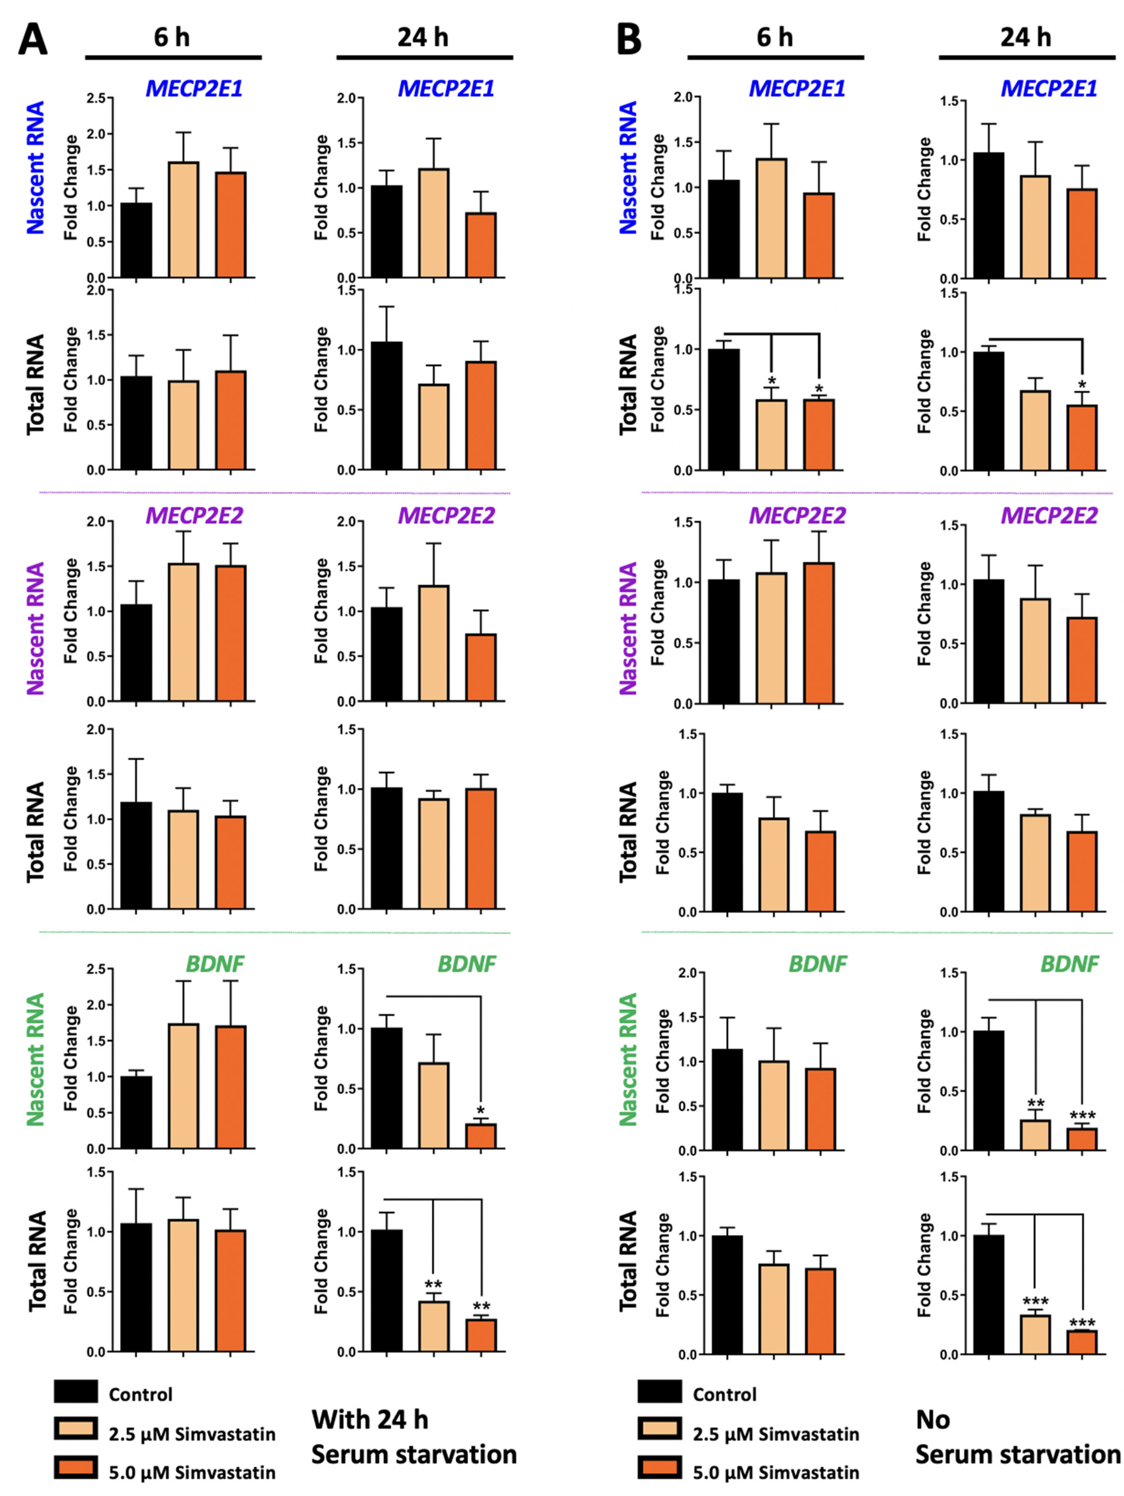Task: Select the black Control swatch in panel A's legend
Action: pos(76,1392)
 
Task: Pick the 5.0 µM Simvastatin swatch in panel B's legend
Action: pos(659,1469)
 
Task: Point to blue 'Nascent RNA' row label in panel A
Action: pos(35,168)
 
